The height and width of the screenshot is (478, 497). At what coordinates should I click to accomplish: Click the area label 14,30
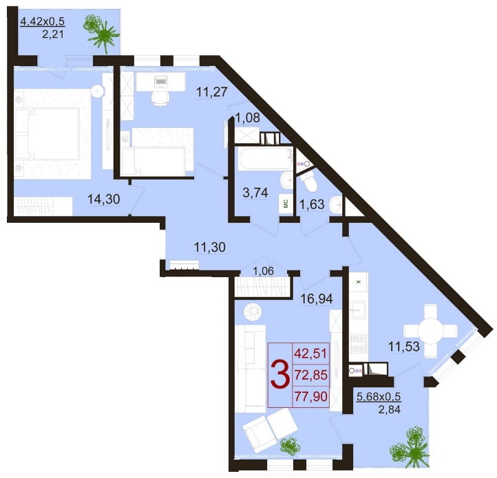[104, 199]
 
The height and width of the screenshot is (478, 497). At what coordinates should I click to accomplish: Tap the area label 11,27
[212, 92]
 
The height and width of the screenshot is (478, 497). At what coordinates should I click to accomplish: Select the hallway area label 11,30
[209, 247]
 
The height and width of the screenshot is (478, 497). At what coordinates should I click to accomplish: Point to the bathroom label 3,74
[255, 193]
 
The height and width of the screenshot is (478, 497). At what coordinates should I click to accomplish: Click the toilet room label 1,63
[312, 205]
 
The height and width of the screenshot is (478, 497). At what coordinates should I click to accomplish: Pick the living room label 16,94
[317, 298]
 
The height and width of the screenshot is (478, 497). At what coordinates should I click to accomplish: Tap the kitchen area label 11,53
[404, 347]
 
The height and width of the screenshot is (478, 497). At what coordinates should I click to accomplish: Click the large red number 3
[280, 376]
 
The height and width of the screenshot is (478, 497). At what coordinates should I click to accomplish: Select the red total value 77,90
[310, 396]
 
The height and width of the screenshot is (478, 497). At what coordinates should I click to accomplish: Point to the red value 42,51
[310, 354]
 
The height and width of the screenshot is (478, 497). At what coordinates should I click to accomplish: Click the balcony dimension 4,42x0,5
[43, 21]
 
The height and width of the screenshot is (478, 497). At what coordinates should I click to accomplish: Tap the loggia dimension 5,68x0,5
[379, 396]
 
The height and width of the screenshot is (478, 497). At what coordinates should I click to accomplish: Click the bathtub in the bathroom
[265, 158]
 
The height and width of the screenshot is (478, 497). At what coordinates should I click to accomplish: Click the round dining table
[430, 332]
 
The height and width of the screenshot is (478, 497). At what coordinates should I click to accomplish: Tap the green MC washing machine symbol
[285, 203]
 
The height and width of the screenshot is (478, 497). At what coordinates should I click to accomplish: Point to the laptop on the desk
[160, 81]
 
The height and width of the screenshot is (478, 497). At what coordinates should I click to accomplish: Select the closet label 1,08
[248, 118]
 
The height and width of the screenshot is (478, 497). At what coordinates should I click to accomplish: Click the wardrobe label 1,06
[264, 271]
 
